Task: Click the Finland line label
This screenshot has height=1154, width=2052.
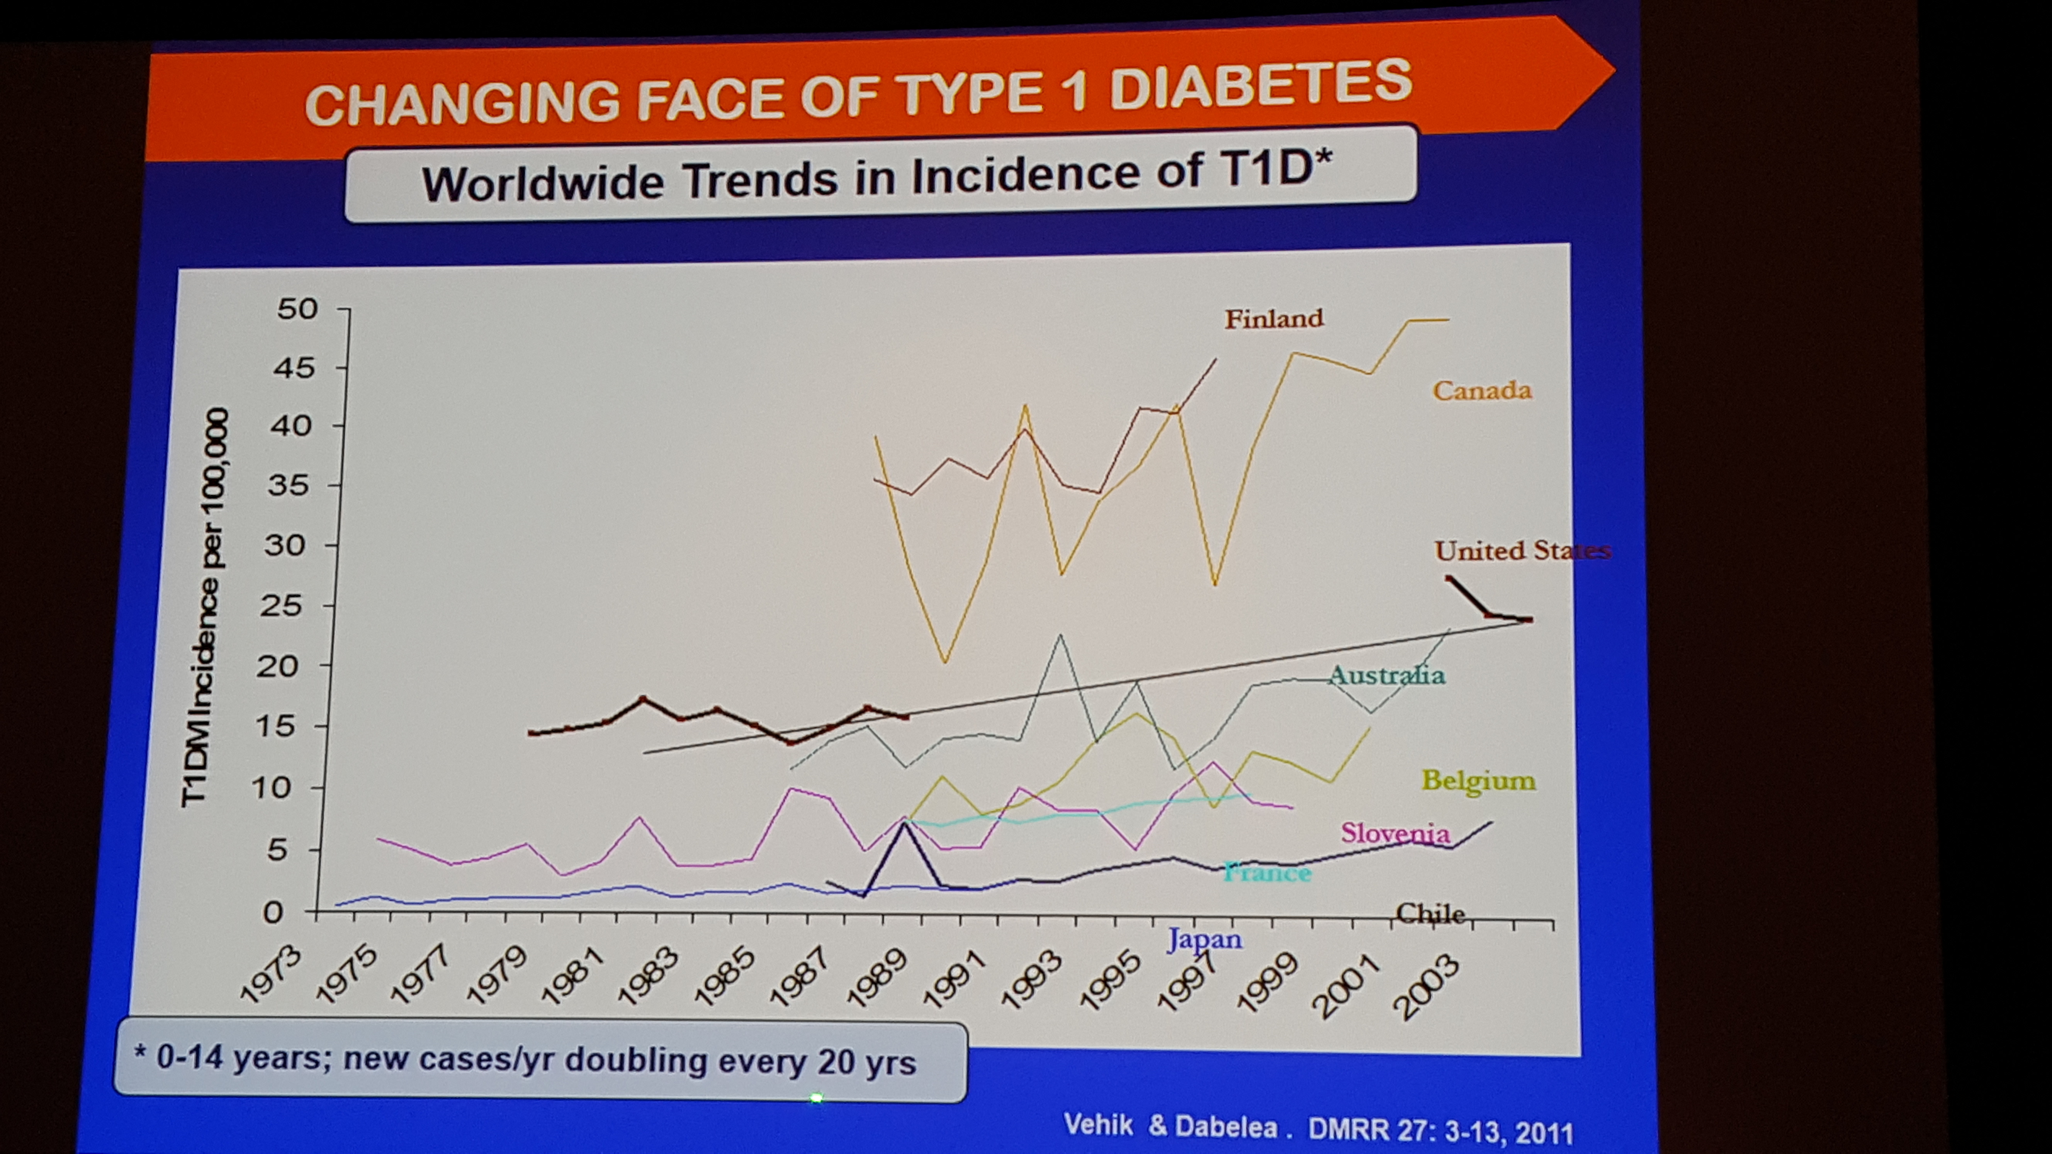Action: [x=1274, y=319]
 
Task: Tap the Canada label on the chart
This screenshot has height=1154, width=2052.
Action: [x=1482, y=391]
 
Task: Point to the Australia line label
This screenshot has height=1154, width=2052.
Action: [x=1386, y=675]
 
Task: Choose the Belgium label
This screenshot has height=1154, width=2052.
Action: [x=1478, y=781]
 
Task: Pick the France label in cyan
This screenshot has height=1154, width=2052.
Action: [x=1267, y=873]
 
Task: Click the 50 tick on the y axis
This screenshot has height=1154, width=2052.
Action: [x=297, y=309]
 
